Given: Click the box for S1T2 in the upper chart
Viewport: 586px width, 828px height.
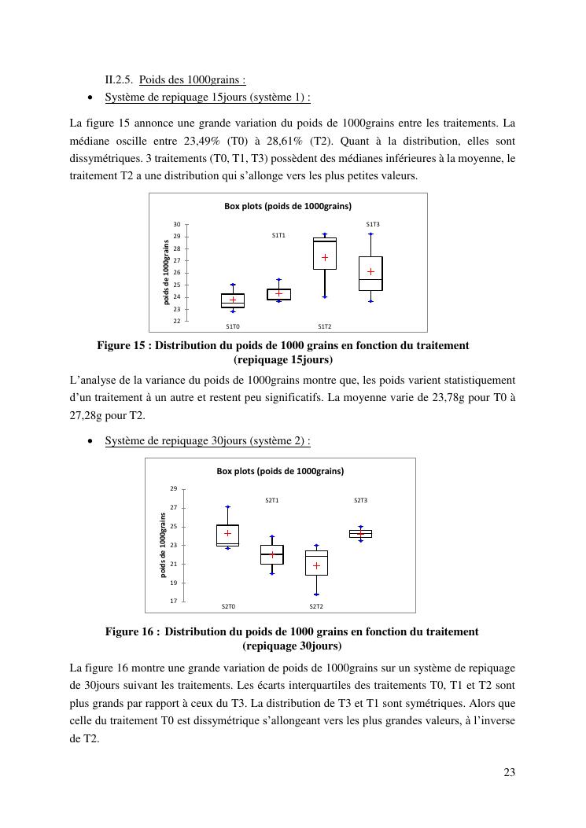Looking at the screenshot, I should (324, 253).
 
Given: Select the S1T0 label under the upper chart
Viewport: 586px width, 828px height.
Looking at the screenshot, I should (233, 326).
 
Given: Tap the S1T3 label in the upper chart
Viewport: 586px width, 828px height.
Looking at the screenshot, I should (373, 225).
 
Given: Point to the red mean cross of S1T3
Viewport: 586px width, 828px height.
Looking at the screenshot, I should (370, 272).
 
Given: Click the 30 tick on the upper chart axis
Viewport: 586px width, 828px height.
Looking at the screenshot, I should (177, 225).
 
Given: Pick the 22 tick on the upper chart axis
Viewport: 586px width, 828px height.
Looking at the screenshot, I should (177, 321).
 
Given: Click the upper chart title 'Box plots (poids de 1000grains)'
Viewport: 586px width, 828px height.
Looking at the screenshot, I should (288, 206).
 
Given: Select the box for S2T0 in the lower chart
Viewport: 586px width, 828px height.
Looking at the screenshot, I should (227, 535).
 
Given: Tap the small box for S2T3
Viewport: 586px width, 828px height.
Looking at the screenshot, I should (360, 533).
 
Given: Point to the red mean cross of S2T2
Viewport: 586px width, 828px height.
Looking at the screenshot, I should (317, 565).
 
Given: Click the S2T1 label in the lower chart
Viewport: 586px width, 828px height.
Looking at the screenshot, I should (272, 500).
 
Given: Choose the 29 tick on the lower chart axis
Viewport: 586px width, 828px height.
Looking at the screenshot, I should (174, 489).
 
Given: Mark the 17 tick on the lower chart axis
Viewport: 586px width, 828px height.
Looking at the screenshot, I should (174, 602).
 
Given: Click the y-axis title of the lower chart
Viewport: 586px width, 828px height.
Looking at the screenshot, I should (164, 545).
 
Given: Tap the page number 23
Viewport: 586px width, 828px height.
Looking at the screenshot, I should (509, 772).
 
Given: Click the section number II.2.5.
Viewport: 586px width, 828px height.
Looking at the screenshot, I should (120, 79).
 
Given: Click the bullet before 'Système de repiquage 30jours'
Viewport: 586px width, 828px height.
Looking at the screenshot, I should (91, 441).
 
